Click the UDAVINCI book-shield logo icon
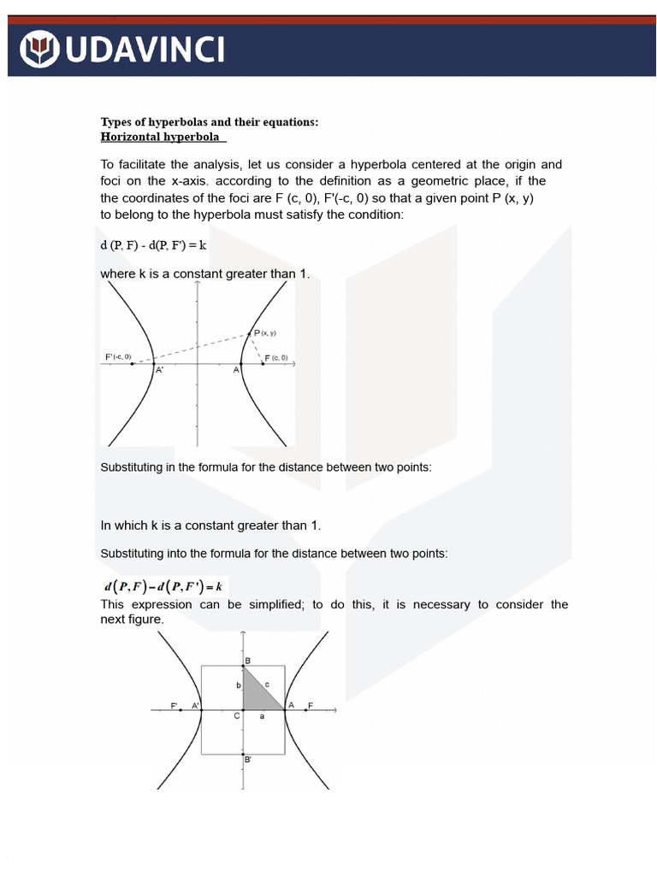point(39,48)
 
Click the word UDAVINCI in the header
point(145,49)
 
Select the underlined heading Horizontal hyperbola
point(160,137)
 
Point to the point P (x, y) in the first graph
point(249,334)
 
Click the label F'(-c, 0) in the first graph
point(118,356)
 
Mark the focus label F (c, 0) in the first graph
point(276,357)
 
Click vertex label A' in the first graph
point(159,371)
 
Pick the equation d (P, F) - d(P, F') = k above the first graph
point(154,245)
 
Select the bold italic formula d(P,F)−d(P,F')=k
point(163,586)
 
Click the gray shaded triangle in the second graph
point(257,693)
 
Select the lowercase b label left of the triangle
point(238,685)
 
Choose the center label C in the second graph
point(238,716)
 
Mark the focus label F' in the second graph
point(175,705)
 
